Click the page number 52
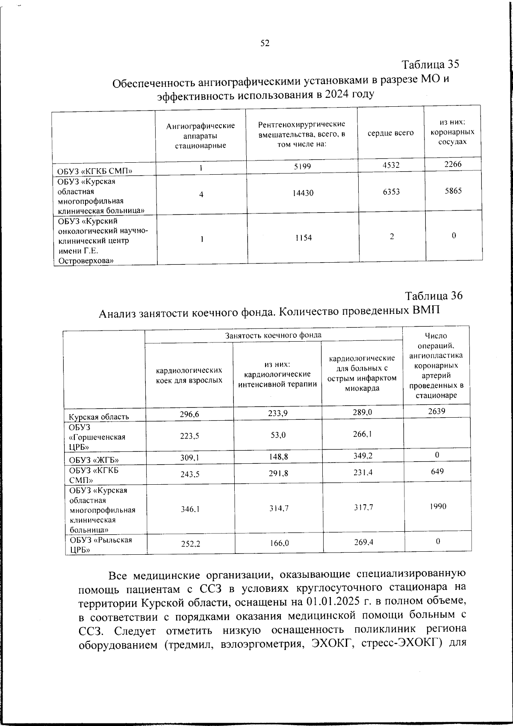265,43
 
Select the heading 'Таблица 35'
430,64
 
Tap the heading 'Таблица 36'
433,296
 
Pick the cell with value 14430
303,193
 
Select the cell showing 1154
303,237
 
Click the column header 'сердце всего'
390,133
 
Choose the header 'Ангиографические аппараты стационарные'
200,135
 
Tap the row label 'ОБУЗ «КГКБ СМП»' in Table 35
95,171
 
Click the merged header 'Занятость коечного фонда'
273,335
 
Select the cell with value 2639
436,411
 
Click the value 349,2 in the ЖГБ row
363,456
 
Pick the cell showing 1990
438,506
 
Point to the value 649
437,471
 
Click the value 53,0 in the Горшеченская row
277,435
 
